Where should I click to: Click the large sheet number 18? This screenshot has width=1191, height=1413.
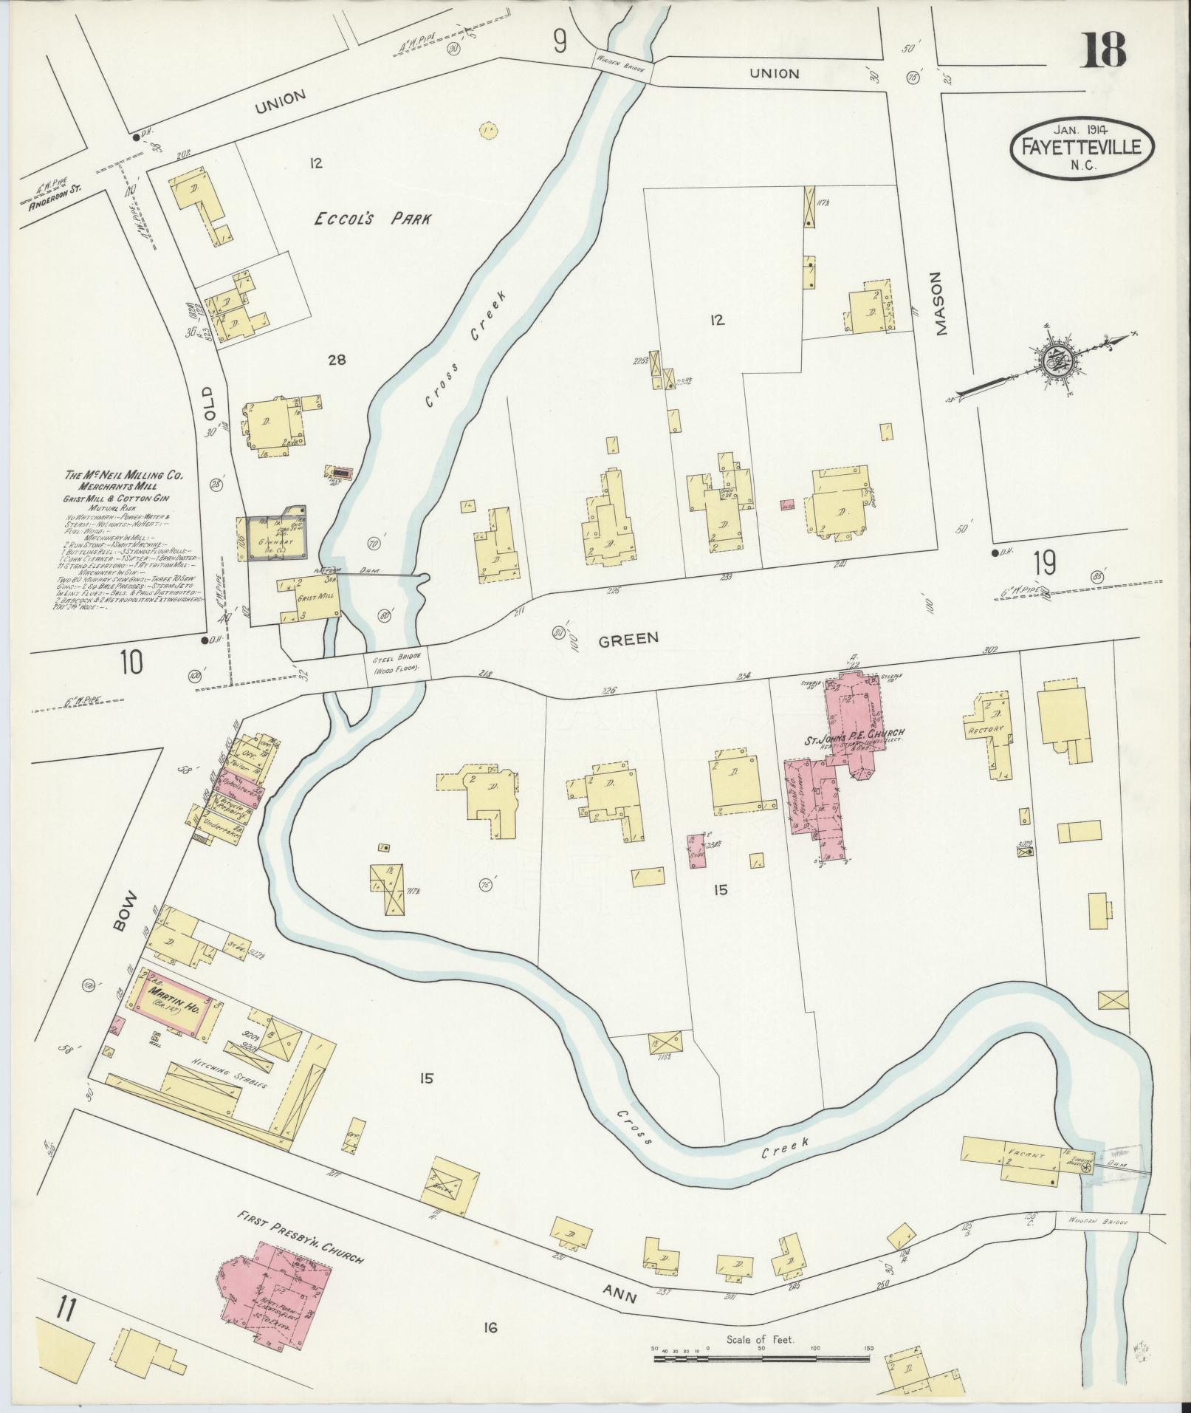[x=1105, y=49]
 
